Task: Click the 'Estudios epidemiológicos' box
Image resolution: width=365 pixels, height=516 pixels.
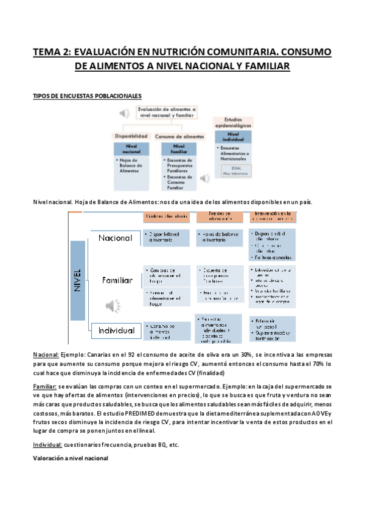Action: (x=229, y=124)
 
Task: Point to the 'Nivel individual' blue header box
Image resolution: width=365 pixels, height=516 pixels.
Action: (x=229, y=138)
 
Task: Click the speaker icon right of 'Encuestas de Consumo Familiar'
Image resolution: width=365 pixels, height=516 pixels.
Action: (x=205, y=178)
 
